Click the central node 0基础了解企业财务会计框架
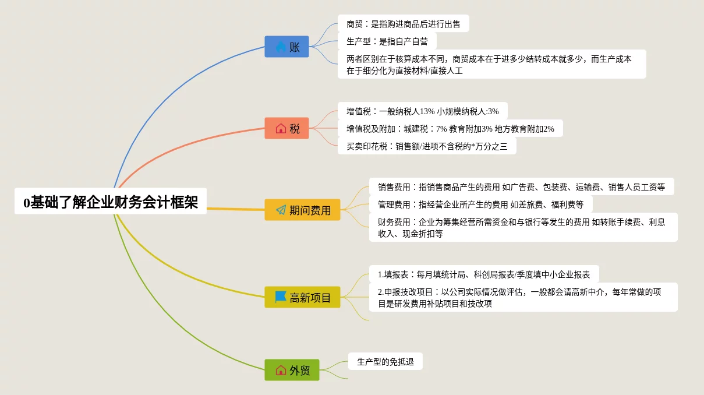coord(111,202)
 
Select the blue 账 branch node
coord(286,47)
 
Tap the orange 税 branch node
coord(286,128)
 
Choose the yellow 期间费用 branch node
coord(302,210)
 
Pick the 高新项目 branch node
coord(302,298)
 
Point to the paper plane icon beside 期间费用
coord(281,210)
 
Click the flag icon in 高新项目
coord(281,297)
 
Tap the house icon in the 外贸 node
coord(281,370)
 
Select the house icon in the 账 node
coord(281,47)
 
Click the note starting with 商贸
coord(403,24)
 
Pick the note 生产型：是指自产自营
coord(387,41)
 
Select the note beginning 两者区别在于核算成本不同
coord(491,64)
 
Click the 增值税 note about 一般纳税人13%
coord(422,111)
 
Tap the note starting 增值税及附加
coord(450,128)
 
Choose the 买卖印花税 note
coord(426,146)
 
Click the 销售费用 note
coord(521,187)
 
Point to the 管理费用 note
coord(480,204)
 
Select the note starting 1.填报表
coord(483,274)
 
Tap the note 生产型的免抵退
coord(385,362)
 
